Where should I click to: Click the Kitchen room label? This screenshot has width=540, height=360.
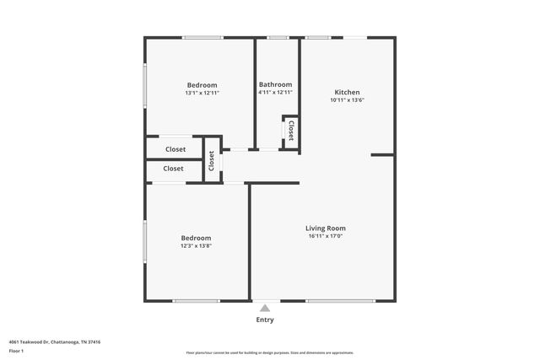pos(347,93)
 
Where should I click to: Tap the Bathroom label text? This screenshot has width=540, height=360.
pos(275,84)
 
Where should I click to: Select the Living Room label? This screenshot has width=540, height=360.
pos(325,228)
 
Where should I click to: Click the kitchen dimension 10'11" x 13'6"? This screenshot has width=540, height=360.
pos(347,100)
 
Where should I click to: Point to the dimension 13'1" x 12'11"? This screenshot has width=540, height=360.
pos(202,93)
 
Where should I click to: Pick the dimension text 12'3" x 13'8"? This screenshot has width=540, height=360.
pos(196,246)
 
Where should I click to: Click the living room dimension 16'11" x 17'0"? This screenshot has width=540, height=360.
pos(325,236)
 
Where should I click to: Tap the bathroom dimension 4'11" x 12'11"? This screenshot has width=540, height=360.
pos(275,92)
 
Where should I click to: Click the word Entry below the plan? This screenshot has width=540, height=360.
pos(265,320)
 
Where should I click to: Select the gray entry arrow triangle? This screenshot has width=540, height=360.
pos(265,309)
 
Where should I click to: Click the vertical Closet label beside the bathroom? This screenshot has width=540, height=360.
pos(291,131)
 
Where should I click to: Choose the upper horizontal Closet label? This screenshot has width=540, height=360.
pos(175,149)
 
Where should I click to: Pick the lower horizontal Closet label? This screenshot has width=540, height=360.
pos(173,169)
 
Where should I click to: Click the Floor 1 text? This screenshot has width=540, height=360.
pos(16,350)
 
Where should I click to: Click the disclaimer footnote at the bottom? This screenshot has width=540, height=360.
pos(270,352)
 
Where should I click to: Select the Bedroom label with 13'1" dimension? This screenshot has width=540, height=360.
pos(202,85)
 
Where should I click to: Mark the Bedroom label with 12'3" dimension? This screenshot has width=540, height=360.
pos(196,238)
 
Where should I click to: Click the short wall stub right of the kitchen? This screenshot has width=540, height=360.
pos(382,155)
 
